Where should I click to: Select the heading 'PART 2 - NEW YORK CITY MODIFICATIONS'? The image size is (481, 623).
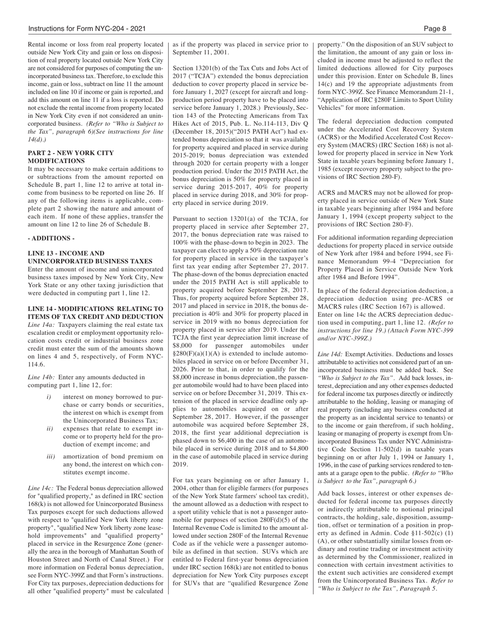click(71, 157)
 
